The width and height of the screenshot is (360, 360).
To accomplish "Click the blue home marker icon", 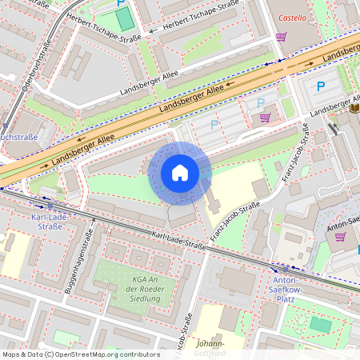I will tap(180, 173).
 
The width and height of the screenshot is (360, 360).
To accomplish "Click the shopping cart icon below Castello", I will tap(281, 36).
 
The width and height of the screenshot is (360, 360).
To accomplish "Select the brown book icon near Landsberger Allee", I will tap(354, 107).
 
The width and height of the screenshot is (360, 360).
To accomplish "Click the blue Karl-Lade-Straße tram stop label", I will tap(46, 222).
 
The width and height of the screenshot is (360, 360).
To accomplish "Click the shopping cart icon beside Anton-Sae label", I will tap(340, 237).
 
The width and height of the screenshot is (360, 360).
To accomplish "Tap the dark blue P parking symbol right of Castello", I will tap(321, 86).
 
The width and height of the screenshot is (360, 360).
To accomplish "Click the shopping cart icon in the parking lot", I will tap(265, 117).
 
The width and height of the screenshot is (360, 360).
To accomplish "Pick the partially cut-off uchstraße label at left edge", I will tap(19, 138).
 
